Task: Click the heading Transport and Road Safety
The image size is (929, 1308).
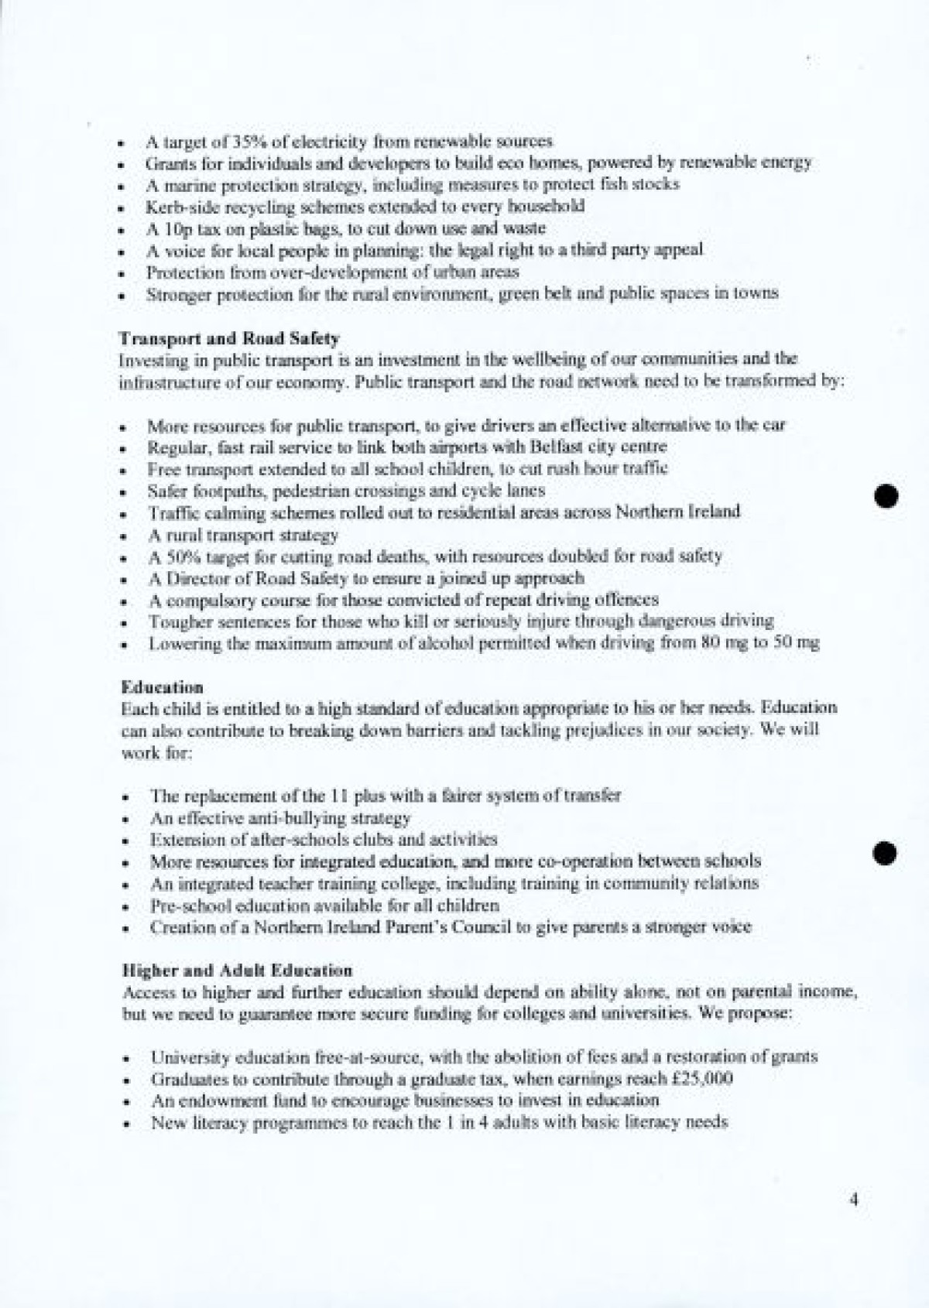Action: pyautogui.click(x=229, y=338)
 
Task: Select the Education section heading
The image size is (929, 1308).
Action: pyautogui.click(x=162, y=687)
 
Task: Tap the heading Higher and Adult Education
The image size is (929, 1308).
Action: pyautogui.click(x=237, y=970)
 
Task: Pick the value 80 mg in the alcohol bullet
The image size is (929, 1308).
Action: pyautogui.click(x=722, y=642)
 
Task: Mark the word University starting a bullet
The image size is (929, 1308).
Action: pyautogui.click(x=187, y=1057)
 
